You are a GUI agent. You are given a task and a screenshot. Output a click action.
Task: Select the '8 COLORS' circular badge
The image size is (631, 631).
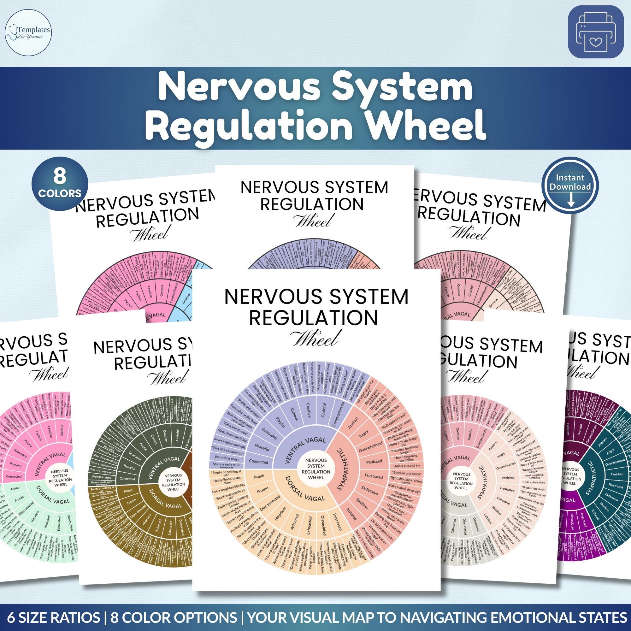pyautogui.click(x=59, y=184)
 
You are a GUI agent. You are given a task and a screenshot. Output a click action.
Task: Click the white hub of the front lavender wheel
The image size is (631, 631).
pyautogui.click(x=316, y=469)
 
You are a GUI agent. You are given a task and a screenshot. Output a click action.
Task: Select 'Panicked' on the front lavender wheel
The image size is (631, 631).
pyautogui.click(x=374, y=462)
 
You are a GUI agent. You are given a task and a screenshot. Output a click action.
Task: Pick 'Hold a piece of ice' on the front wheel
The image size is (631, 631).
pyautogui.click(x=406, y=466)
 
